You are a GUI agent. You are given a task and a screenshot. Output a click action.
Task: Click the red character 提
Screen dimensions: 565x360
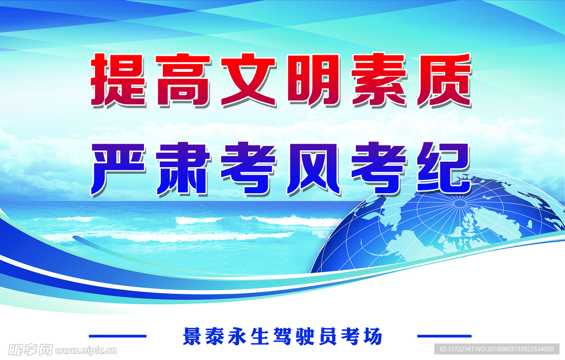click(x=119, y=80)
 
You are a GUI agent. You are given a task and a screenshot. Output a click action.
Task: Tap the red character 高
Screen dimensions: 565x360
click(x=183, y=80)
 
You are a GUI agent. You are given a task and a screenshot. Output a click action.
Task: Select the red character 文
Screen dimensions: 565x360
click(x=249, y=80)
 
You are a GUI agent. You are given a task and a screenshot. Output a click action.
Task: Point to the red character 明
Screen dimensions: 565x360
click(x=313, y=80)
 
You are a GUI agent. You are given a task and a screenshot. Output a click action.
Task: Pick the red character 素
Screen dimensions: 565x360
click(x=379, y=80)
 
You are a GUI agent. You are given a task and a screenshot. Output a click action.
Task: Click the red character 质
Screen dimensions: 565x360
click(x=444, y=80)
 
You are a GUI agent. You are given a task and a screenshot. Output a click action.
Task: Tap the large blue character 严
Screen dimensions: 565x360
click(x=119, y=169)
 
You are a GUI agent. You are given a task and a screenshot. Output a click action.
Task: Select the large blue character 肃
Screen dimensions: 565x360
click(x=183, y=169)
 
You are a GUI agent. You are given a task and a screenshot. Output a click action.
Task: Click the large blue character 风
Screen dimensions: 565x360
click(x=313, y=169)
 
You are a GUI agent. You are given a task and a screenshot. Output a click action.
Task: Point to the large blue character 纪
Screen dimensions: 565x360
click(x=444, y=169)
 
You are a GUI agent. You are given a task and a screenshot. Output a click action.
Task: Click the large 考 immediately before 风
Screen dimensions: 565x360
click(x=249, y=169)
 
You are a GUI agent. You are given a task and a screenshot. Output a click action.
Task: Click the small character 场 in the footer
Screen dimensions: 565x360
click(x=372, y=336)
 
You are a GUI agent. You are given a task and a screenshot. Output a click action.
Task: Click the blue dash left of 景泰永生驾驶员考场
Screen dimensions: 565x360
click(x=118, y=336)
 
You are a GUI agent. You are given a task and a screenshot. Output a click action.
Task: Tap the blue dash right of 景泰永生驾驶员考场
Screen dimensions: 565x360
click(x=444, y=336)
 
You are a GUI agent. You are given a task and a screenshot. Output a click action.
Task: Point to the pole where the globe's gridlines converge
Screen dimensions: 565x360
click(x=460, y=204)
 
